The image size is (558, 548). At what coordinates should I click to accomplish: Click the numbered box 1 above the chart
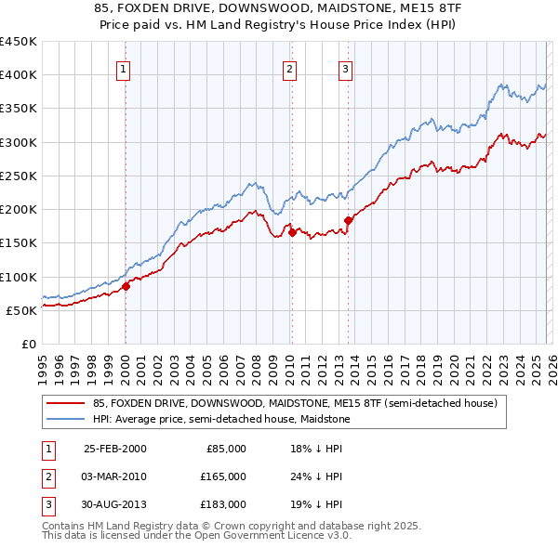[124, 68]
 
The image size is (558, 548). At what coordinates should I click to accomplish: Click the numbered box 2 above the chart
[289, 68]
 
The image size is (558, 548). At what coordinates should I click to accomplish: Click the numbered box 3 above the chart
[345, 68]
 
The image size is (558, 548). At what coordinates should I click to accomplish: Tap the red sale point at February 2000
[126, 287]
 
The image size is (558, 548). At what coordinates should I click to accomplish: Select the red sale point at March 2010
[292, 233]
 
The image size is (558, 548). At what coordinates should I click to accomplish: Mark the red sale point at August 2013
[349, 220]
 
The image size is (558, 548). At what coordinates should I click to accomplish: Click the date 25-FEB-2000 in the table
[114, 449]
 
